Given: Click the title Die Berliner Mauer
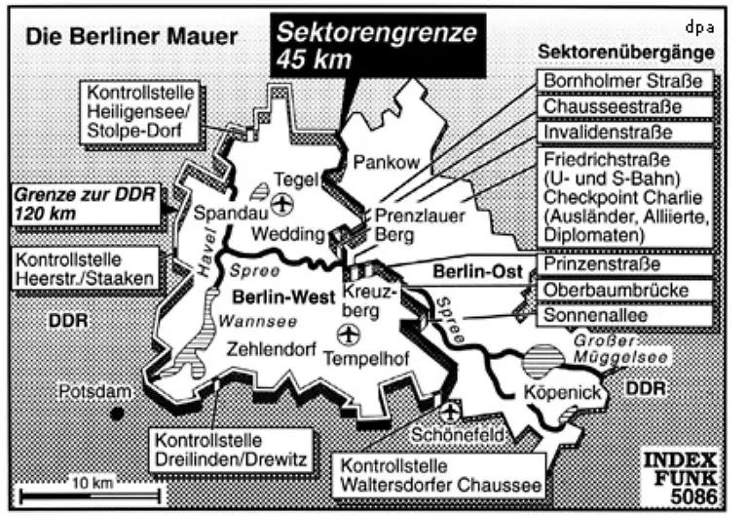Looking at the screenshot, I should coord(131,38).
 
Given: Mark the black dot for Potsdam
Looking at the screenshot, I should coord(118,413).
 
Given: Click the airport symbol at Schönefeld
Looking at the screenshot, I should coord(449,413).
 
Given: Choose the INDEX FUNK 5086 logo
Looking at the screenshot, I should coord(685,478).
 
